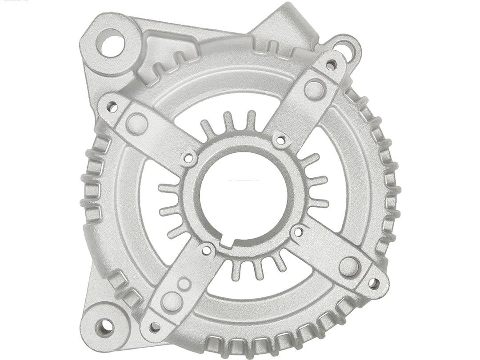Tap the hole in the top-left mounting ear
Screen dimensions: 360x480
pos(111,42)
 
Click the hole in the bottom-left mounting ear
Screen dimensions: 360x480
pos(105,327)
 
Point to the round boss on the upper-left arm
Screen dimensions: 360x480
pos(137,123)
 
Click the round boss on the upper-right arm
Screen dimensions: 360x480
pos(315,88)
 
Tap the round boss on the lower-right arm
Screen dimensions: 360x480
pos(349,266)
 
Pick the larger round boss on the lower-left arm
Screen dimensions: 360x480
pos(172,301)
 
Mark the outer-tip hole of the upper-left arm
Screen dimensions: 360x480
pos(112,107)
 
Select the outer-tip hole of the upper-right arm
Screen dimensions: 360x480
pos(331,65)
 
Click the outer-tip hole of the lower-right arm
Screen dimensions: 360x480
pos(374,283)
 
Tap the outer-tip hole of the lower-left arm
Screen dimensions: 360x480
pos(155,327)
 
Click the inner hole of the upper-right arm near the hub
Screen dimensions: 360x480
pos(280,141)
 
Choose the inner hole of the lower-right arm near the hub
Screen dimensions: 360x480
pos(298,231)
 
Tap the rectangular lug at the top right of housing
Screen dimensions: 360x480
pos(284,24)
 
